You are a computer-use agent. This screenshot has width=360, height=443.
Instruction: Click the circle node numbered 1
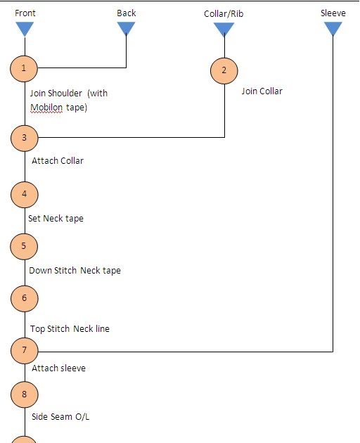(x=25, y=68)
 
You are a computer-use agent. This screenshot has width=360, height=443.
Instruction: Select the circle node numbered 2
(x=224, y=70)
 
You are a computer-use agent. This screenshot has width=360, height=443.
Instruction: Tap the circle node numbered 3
(x=25, y=138)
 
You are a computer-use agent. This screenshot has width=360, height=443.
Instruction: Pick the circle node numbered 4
(x=25, y=193)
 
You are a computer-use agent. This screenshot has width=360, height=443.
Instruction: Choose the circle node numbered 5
(x=25, y=245)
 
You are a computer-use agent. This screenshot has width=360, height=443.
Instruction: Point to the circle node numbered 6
(x=25, y=298)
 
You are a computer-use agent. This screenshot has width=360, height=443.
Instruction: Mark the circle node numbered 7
(x=25, y=349)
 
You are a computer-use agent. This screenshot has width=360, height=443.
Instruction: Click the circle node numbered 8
(x=25, y=394)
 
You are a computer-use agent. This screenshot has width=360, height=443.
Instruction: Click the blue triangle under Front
(x=25, y=29)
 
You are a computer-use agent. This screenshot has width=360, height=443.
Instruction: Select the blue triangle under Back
(x=127, y=28)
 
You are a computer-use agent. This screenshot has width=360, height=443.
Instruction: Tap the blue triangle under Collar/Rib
(x=224, y=30)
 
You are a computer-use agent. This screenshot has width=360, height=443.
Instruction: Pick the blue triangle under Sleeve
(x=333, y=29)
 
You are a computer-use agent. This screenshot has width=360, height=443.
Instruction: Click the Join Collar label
(x=262, y=91)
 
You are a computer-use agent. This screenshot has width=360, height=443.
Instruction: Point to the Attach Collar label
(x=58, y=161)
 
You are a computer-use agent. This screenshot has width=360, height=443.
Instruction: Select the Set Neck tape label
(x=56, y=219)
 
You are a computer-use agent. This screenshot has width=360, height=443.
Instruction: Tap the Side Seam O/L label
(x=60, y=417)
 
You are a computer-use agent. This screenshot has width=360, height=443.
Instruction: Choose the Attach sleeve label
(x=58, y=368)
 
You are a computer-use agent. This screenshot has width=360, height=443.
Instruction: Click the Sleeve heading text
(x=333, y=13)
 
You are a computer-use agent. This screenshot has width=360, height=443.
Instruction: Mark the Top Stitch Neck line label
(x=70, y=329)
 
